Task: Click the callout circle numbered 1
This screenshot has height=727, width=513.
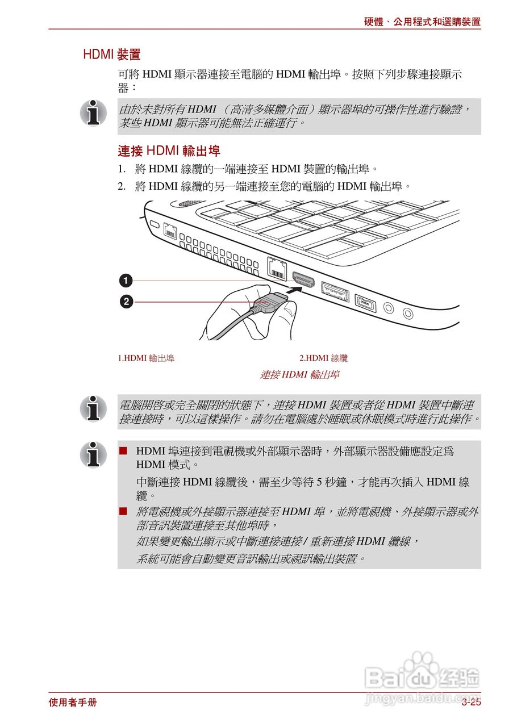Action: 126,281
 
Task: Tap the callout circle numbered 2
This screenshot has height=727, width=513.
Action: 126,302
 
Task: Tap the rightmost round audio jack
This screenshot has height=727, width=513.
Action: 408,312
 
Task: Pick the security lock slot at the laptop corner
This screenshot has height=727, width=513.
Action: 152,224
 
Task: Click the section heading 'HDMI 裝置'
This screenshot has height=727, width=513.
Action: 111,55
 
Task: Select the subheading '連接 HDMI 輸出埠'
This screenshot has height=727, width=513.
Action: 169,151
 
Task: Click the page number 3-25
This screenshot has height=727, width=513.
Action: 471,703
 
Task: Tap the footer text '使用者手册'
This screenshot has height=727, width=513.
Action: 73,703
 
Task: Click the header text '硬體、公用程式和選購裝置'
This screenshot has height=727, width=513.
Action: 422,22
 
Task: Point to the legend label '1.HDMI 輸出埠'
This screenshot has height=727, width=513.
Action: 146,358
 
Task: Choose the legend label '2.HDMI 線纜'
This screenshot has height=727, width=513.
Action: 323,358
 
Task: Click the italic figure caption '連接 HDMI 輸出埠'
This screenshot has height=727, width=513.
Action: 299,375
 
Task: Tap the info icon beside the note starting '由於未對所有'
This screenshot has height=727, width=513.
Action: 93,113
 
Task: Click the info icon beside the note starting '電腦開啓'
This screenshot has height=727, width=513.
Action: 93,409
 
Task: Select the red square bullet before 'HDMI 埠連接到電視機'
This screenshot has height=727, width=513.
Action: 123,451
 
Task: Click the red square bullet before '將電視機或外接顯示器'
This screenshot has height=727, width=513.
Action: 123,512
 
